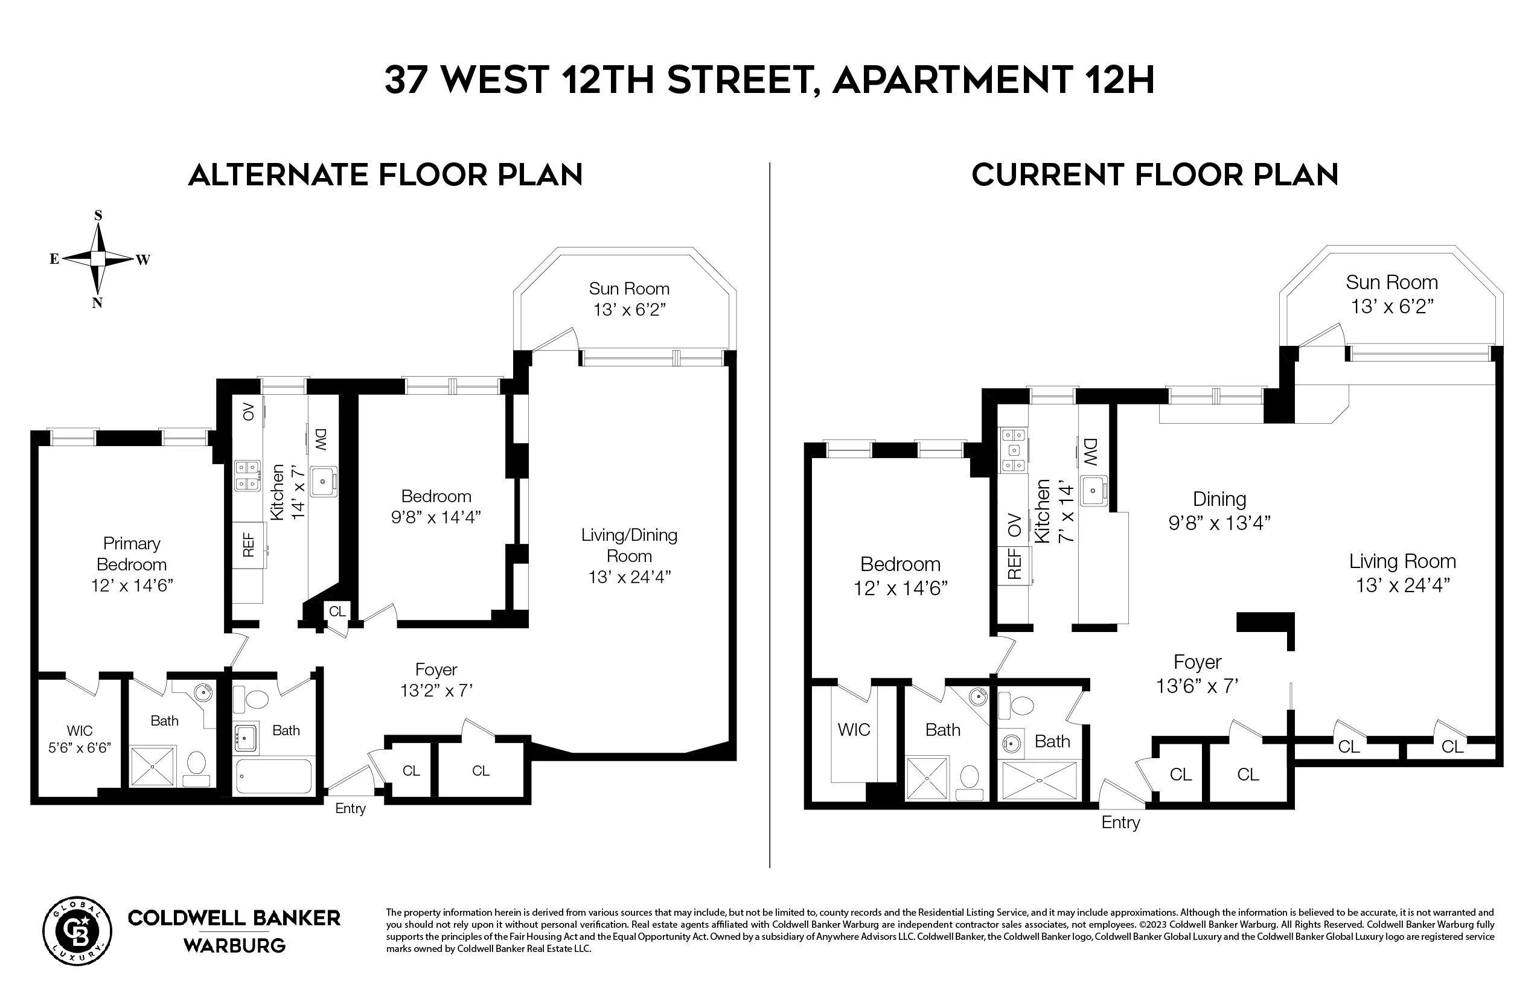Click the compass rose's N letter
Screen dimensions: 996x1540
coord(97,302)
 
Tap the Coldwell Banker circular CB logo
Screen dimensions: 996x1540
coord(77,931)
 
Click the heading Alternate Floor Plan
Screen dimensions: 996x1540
coord(386,175)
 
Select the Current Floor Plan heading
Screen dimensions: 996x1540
coord(1154,175)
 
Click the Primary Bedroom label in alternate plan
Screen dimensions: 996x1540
coord(132,564)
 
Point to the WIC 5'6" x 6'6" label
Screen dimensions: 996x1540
coord(80,739)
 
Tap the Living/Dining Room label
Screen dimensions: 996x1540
coord(628,555)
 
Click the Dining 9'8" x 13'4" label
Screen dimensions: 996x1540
coord(1219,510)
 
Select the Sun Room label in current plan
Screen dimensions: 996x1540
coord(1392,293)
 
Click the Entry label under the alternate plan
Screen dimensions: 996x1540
coord(350,808)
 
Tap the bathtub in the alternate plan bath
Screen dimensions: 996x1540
coord(274,776)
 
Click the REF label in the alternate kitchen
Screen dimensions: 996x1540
coord(249,544)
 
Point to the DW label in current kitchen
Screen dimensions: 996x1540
coord(1090,452)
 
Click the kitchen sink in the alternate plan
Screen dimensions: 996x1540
coord(323,482)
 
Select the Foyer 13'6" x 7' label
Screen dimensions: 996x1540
coord(1197,673)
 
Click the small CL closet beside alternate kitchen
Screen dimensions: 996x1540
coord(337,611)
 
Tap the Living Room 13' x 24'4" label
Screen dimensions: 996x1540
coord(1402,573)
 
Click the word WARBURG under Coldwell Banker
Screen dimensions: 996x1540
coord(234,945)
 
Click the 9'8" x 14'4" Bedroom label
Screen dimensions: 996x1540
coord(436,506)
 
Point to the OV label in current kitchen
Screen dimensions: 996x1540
coord(1014,525)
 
